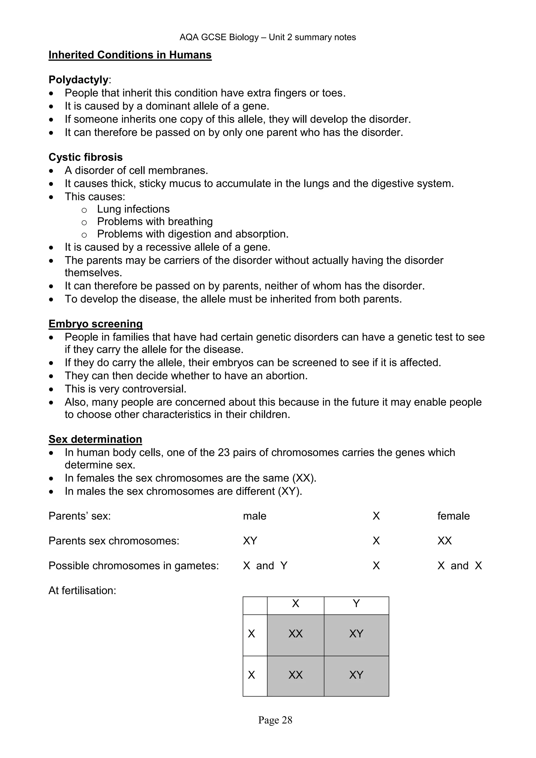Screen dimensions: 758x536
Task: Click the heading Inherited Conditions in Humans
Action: click(130, 55)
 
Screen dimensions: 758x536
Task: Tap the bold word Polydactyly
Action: click(78, 80)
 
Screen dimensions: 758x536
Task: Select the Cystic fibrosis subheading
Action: click(86, 157)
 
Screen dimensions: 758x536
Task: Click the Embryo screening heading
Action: click(95, 324)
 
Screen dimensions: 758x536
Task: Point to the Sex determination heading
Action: click(95, 439)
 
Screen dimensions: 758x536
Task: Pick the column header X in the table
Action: click(295, 604)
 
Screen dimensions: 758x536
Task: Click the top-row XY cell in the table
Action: click(356, 633)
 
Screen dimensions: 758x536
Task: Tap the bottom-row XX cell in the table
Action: click(295, 675)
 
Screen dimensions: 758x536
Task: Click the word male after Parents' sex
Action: click(254, 516)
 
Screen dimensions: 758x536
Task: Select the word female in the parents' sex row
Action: click(453, 516)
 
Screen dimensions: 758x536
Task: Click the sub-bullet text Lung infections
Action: click(133, 209)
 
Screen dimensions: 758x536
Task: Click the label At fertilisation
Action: click(82, 591)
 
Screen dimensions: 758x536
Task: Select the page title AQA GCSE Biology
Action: click(219, 37)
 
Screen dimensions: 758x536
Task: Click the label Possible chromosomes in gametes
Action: click(133, 566)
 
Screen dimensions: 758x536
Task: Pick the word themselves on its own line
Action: click(93, 273)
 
